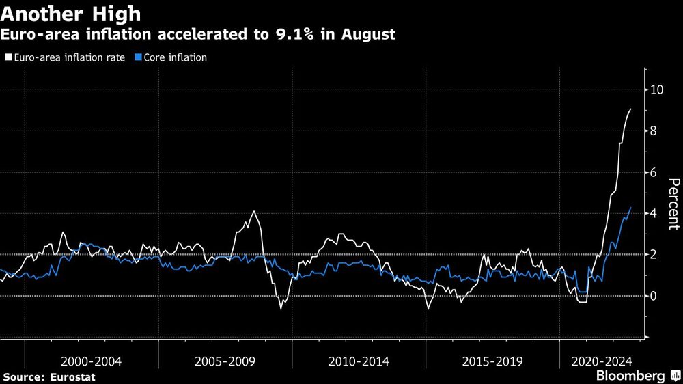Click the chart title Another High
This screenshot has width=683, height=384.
[x=72, y=13]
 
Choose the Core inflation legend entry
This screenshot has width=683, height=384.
[x=174, y=58]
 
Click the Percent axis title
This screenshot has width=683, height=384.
[x=673, y=203]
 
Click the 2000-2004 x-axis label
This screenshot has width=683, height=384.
[x=92, y=360]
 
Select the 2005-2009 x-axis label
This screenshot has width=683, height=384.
[x=225, y=360]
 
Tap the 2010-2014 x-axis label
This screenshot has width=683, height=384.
[x=359, y=360]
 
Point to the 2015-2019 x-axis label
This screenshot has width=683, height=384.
[x=493, y=360]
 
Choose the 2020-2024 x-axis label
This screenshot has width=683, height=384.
[x=601, y=360]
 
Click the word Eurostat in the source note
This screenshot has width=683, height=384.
[x=73, y=377]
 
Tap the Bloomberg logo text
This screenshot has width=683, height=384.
[x=630, y=376]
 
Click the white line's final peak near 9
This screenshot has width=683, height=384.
[x=630, y=109]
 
